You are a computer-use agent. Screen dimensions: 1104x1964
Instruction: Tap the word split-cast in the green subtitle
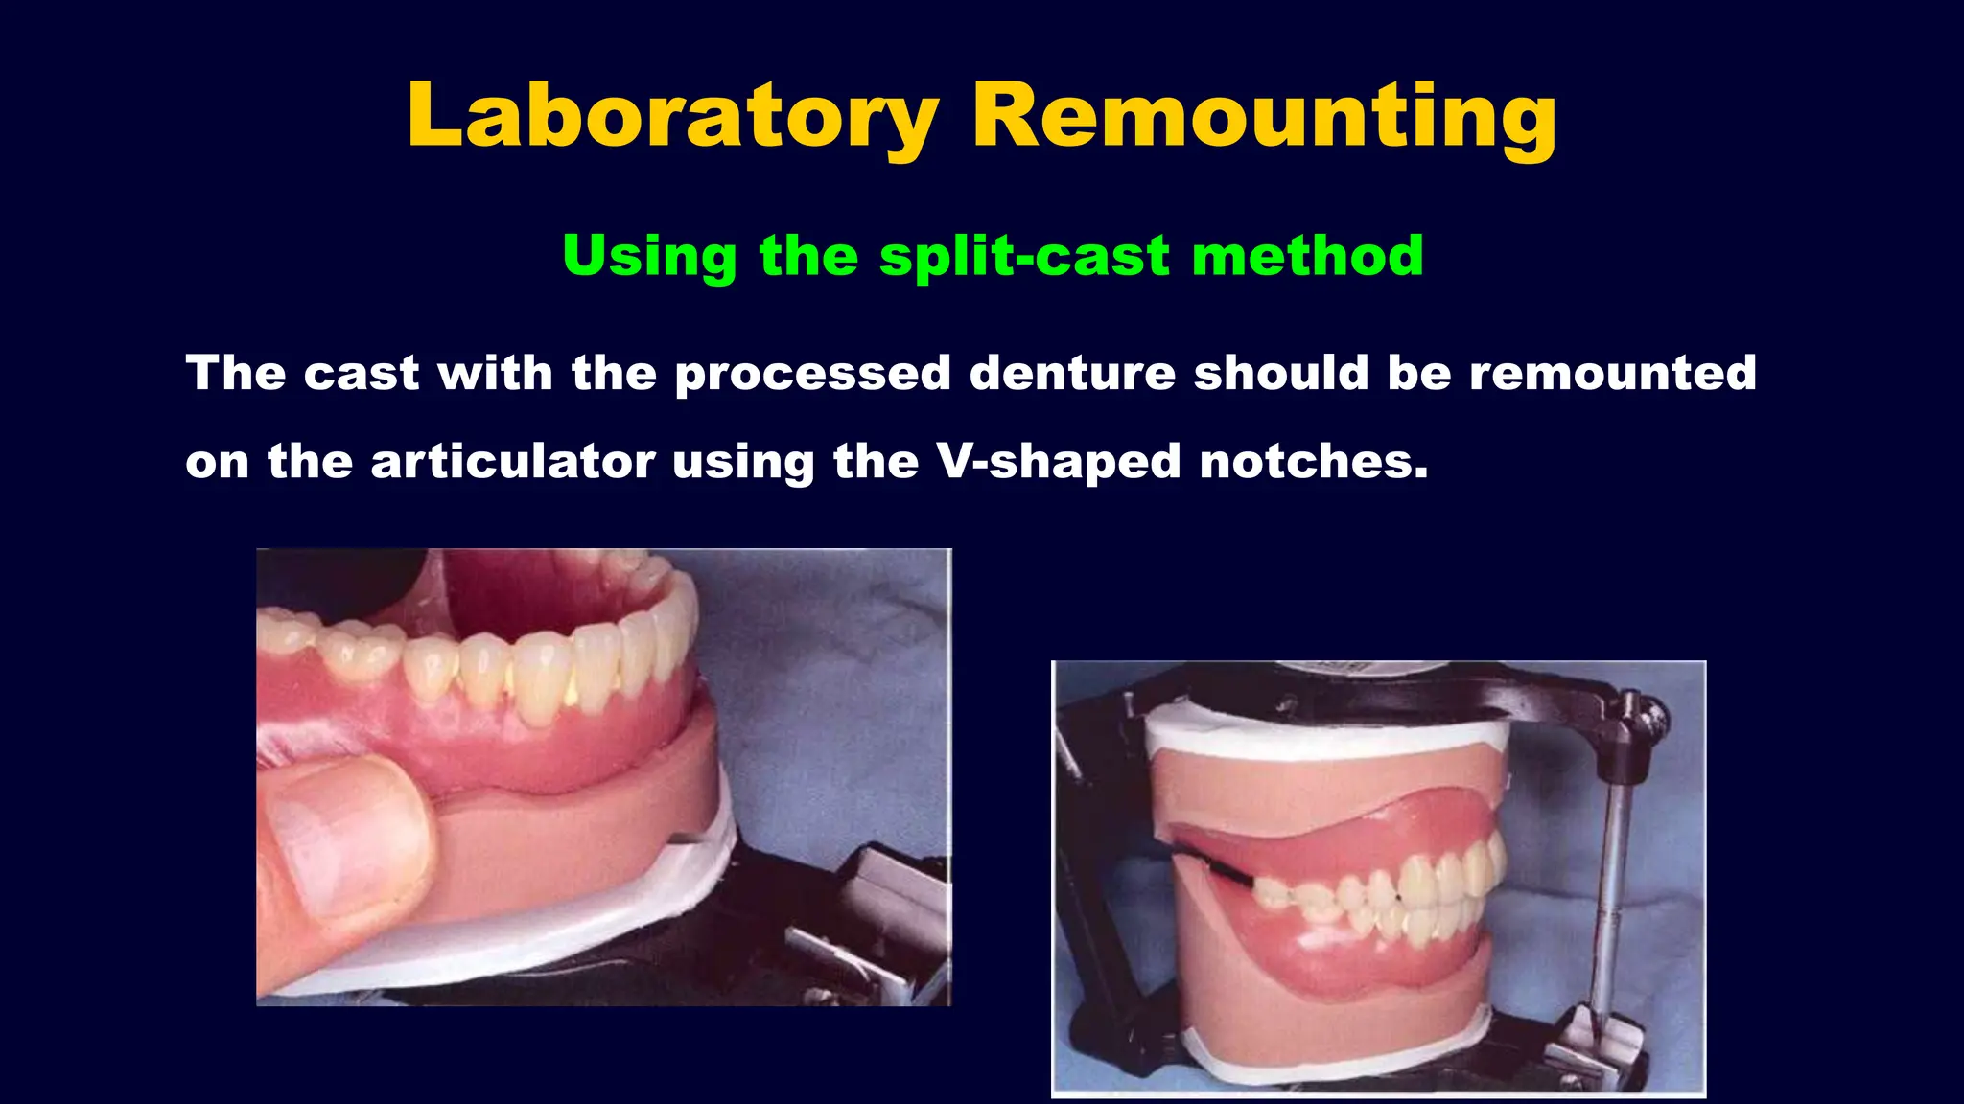coord(1024,256)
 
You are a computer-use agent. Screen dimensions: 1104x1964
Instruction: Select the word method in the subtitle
coord(1307,256)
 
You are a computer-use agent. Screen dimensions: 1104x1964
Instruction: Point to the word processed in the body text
coord(812,374)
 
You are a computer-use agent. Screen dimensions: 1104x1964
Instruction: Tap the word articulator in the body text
coord(513,461)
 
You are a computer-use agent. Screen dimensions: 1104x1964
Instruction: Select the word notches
coord(1313,461)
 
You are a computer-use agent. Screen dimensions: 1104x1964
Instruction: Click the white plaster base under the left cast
coord(537,944)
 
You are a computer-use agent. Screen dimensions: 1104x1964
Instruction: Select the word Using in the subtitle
coord(649,256)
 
